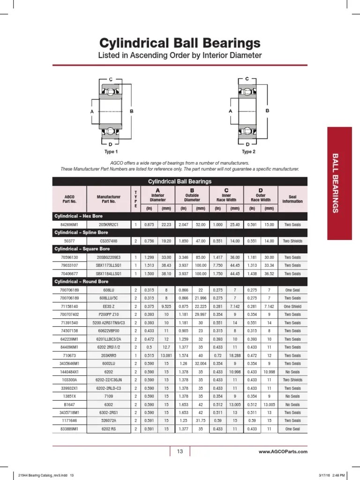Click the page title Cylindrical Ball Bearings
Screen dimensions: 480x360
[180, 43]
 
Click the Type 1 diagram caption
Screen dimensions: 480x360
[111, 152]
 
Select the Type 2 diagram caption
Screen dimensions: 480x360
[248, 152]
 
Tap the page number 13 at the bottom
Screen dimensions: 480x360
[180, 451]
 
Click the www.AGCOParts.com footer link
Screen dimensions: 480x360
[283, 452]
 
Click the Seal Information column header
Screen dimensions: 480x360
[292, 198]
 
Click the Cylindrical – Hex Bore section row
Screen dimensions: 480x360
[78, 216]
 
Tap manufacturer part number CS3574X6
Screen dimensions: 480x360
[109, 241]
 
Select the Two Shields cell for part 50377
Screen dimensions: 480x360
[292, 241]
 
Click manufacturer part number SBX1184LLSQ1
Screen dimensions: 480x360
[109, 273]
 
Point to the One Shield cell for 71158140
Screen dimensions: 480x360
[292, 306]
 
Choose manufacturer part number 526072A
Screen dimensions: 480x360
[109, 420]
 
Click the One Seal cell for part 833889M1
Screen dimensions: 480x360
[292, 429]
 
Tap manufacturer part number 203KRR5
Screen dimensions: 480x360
[109, 355]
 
